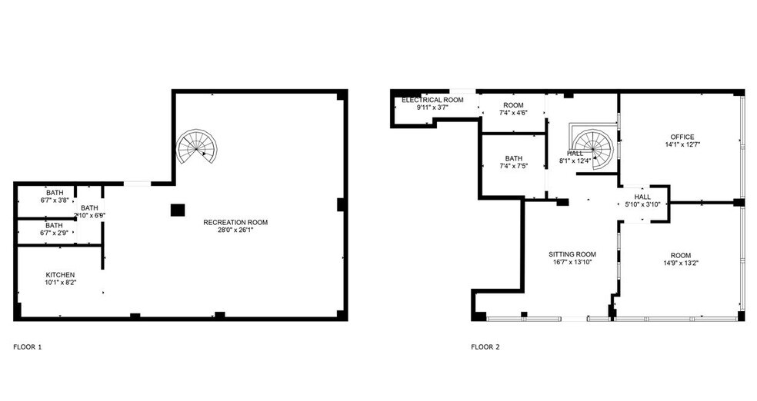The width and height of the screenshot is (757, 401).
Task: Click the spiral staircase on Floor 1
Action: pos(198,147)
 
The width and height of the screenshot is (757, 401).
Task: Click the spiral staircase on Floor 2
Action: pos(593,147)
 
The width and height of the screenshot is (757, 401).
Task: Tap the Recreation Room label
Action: pos(235,222)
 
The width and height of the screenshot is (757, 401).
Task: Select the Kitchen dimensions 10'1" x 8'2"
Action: pos(60,283)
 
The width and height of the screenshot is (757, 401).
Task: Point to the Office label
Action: pos(682,137)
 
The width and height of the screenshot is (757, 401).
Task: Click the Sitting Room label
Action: pos(572,254)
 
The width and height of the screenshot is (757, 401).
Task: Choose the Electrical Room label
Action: pos(432,100)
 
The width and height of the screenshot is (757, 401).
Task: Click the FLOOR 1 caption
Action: pos(28,346)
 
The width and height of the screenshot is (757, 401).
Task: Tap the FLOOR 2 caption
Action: pos(485,346)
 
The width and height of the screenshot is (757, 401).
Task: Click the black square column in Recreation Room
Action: pos(178,209)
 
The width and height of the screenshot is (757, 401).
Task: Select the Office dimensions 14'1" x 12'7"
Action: pos(682,144)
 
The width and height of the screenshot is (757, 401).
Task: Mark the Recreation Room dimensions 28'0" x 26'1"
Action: pos(235,230)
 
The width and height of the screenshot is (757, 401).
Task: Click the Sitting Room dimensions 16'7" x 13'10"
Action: pos(572,263)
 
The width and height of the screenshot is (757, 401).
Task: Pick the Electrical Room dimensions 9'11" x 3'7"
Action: pos(432,108)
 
